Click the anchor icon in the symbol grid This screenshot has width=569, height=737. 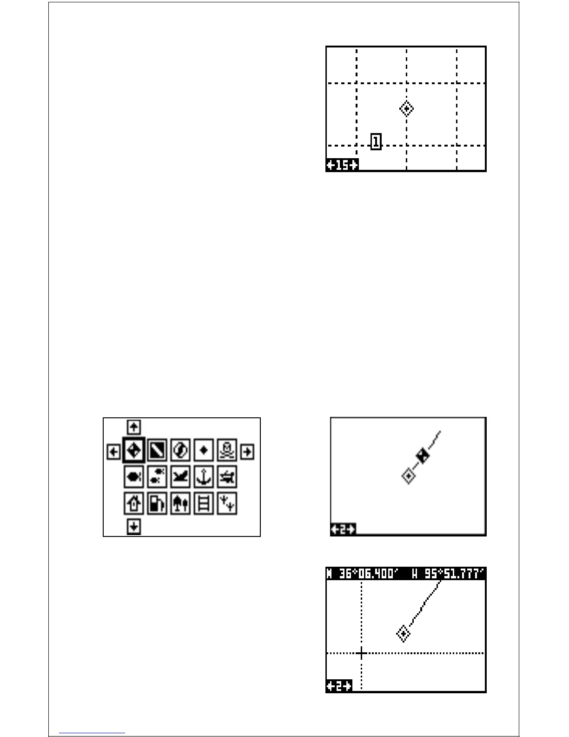click(204, 477)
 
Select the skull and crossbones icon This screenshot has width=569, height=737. click(227, 450)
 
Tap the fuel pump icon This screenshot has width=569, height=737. click(157, 503)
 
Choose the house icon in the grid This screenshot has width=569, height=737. click(134, 503)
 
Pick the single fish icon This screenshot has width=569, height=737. click(134, 477)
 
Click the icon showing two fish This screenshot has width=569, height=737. click(157, 477)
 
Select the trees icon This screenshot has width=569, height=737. click(180, 503)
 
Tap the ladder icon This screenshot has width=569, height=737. click(204, 503)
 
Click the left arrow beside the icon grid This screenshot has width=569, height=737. click(113, 451)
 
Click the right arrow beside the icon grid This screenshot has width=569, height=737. click(247, 451)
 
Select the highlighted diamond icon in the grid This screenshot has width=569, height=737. click(134, 450)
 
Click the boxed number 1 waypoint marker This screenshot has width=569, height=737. click(376, 141)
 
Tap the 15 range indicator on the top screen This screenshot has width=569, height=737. click(342, 165)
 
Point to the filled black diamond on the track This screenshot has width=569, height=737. click(423, 456)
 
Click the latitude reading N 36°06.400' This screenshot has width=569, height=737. click(363, 573)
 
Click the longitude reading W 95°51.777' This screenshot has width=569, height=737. click(447, 573)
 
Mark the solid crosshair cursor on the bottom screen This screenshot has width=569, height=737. click(362, 653)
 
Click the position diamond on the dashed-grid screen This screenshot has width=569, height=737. click(406, 109)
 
